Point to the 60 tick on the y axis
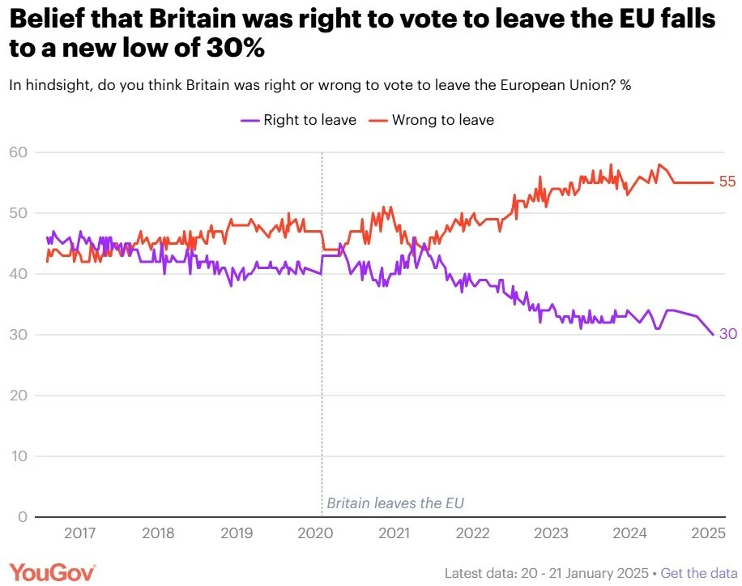pos(19,152)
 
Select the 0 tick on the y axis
pos(23,517)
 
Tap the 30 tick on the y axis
pos(19,335)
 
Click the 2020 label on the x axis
pos(315,533)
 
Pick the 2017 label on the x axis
pos(79,533)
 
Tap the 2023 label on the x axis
pos(552,533)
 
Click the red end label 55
pos(727,182)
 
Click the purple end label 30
pos(727,335)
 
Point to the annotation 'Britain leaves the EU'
pos(395,503)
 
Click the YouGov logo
pos(53,572)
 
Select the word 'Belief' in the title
pos(46,19)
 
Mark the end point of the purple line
pos(713,335)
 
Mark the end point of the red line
pos(713,182)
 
